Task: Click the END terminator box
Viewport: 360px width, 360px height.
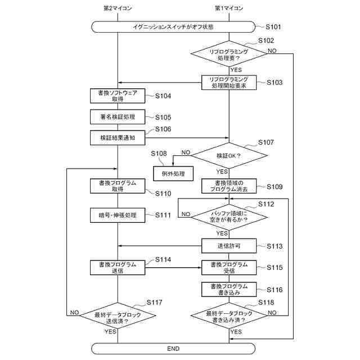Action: pyautogui.click(x=173, y=349)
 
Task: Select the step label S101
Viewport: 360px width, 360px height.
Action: pyautogui.click(x=273, y=27)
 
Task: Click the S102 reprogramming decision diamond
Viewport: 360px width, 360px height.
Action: pyautogui.click(x=229, y=54)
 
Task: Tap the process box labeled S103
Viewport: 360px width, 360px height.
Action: pyautogui.click(x=229, y=83)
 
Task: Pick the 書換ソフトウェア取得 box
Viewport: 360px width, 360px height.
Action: pyautogui.click(x=118, y=96)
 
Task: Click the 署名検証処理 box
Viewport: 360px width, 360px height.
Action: pyautogui.click(x=118, y=117)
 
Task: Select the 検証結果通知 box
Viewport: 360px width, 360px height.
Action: pyautogui.click(x=118, y=138)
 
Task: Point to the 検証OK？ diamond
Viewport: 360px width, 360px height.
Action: pyautogui.click(x=229, y=155)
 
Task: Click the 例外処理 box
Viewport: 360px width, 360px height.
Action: pyautogui.click(x=173, y=174)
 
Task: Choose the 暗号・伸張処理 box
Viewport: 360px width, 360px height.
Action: pyautogui.click(x=118, y=215)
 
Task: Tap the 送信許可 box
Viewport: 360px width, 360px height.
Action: pyautogui.click(x=229, y=246)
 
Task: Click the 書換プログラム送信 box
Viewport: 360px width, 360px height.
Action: pyautogui.click(x=118, y=268)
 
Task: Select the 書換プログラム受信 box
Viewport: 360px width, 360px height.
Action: pyautogui.click(x=229, y=268)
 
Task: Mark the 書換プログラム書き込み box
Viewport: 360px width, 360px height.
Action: pyautogui.click(x=229, y=289)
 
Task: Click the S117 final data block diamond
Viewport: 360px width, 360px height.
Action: pyautogui.click(x=118, y=316)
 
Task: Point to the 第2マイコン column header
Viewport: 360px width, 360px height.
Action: pyautogui.click(x=118, y=8)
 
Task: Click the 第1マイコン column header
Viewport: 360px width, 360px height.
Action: pyautogui.click(x=229, y=8)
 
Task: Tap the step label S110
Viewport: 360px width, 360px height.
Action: pyautogui.click(x=163, y=193)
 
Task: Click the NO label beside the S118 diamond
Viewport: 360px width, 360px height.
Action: pyautogui.click(x=272, y=313)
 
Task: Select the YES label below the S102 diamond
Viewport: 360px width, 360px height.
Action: pyautogui.click(x=236, y=70)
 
